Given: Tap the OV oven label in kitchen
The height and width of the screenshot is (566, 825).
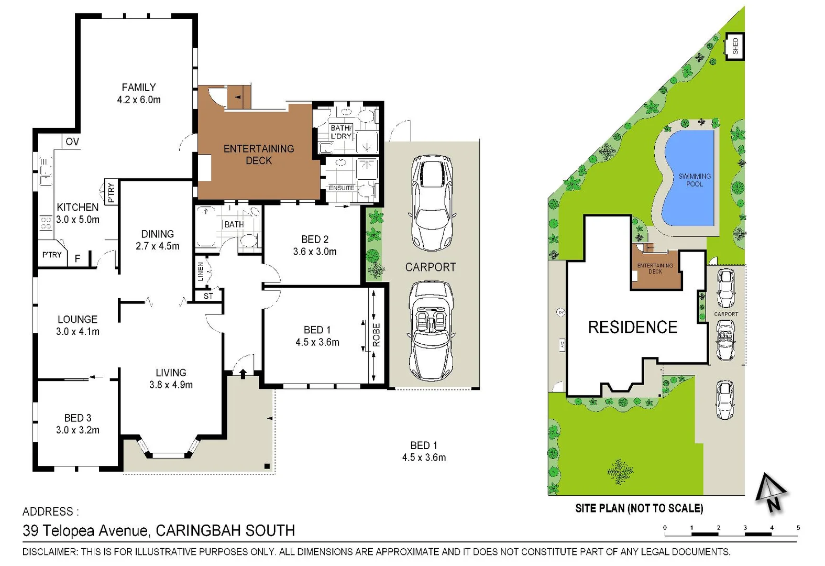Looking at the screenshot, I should tap(72, 141).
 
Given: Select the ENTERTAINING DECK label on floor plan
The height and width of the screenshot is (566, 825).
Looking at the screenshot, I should tap(259, 155).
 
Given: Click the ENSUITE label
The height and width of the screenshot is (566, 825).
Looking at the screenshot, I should tap(342, 188).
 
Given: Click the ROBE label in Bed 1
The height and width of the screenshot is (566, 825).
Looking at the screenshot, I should tap(377, 335).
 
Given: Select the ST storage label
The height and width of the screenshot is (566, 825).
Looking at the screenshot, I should tap(208, 296).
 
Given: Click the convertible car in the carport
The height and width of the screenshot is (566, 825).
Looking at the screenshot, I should tap(431, 331).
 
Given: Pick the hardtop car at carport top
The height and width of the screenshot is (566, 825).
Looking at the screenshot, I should tap(432, 203).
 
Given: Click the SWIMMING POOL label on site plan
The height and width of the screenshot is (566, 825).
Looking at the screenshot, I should tap(694, 180).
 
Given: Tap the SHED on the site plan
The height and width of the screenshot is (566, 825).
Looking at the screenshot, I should tap(735, 46).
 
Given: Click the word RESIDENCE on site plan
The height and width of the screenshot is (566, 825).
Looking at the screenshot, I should tap(632, 327).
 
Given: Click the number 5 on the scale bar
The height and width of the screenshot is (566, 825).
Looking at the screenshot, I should tap(798, 528).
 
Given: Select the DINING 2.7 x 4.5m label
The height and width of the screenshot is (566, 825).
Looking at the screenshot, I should tap(158, 240).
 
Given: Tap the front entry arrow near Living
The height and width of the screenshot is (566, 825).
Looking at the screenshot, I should tap(243, 373).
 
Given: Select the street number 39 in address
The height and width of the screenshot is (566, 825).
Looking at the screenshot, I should tap(30, 530).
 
